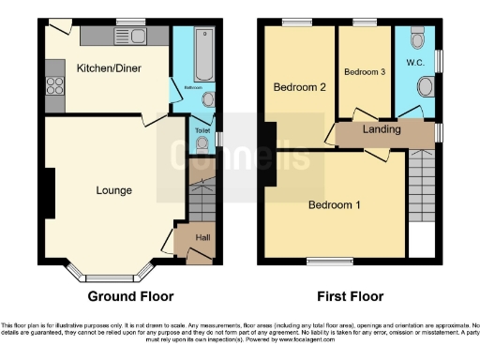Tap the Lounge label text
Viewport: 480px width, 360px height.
(113, 190)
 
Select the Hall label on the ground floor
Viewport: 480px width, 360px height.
(202, 238)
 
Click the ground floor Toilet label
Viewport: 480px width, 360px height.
(202, 131)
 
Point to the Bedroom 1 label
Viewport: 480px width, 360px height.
(335, 204)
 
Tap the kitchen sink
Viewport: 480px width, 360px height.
(127, 37)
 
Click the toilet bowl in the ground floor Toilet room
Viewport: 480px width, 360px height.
(202, 143)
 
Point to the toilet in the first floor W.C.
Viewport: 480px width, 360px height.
(418, 40)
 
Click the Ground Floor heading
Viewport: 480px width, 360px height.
(131, 296)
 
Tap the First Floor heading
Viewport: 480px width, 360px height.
(349, 296)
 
